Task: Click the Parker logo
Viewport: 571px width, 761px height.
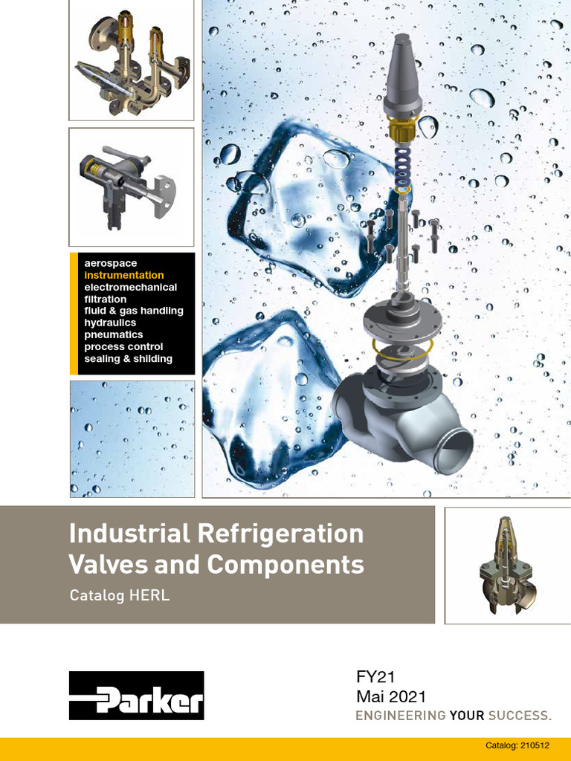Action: click(x=137, y=695)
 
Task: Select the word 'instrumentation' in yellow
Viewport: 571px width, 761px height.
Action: click(x=124, y=275)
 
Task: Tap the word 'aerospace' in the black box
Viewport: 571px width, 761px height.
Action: click(x=111, y=264)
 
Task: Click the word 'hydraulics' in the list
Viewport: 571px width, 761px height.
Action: click(x=110, y=323)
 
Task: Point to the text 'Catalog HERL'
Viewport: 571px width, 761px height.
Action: click(x=120, y=595)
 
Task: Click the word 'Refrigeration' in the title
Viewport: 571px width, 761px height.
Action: click(x=280, y=534)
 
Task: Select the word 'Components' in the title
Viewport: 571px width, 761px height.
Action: click(x=285, y=564)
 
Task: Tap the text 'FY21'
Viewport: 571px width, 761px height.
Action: click(x=375, y=676)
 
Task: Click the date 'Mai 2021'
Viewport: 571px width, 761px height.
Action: click(x=391, y=697)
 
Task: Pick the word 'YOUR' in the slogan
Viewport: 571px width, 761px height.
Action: click(x=467, y=716)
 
